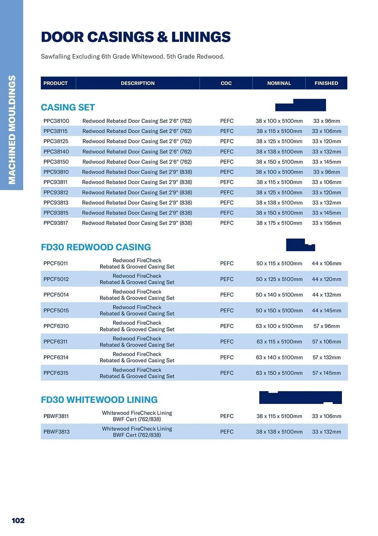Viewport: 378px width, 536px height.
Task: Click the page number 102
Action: click(x=18, y=520)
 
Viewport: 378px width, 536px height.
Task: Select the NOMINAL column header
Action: click(x=279, y=83)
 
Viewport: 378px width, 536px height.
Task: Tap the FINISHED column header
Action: click(x=326, y=83)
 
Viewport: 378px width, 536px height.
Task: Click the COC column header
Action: click(x=226, y=83)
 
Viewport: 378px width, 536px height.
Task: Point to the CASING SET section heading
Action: click(x=68, y=107)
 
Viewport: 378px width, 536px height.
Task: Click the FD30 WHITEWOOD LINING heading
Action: click(x=99, y=400)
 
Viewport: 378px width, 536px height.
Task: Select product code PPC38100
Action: click(x=56, y=121)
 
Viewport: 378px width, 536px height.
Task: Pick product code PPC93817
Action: click(x=56, y=223)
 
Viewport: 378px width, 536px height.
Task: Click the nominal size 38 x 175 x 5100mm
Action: click(x=279, y=223)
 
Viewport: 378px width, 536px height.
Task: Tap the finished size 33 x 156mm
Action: click(x=326, y=223)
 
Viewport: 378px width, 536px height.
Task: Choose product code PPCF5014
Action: click(x=56, y=295)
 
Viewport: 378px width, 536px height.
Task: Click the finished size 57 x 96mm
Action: click(x=326, y=326)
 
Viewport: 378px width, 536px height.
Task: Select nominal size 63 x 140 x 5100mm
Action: click(x=279, y=357)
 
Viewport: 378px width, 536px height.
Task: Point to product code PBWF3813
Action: click(x=56, y=432)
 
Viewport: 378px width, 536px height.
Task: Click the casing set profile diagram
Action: click(x=300, y=105)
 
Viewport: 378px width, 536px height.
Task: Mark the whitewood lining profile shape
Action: click(x=300, y=397)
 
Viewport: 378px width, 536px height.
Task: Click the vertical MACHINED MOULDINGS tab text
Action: click(x=12, y=130)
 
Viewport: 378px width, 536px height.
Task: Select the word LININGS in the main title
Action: click(x=201, y=37)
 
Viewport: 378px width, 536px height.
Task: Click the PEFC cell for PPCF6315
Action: click(x=227, y=373)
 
